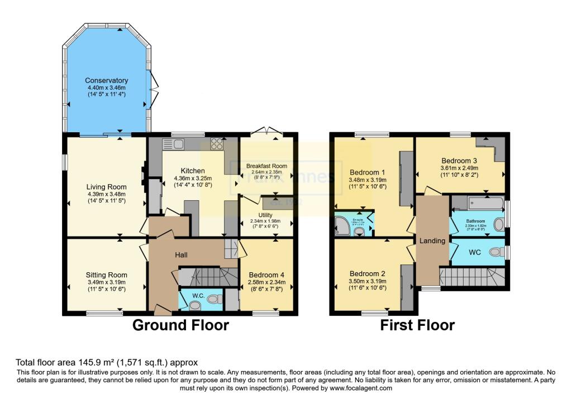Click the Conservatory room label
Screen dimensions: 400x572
107,80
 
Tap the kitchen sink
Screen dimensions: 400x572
175,144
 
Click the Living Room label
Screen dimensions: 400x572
106,187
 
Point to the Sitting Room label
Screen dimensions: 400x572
106,274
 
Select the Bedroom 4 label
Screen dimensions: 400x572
266,274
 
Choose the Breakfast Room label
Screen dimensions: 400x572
266,166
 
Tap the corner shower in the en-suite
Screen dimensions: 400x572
341,225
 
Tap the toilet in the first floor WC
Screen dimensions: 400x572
494,252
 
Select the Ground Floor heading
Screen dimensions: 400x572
180,325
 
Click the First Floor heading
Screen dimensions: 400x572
417,325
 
